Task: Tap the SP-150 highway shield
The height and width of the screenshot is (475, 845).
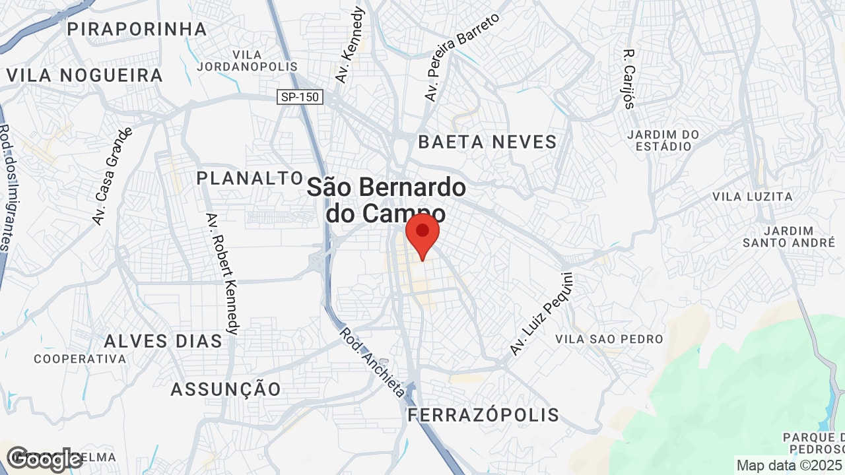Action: click(300, 97)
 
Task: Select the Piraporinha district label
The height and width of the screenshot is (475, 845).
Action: click(137, 29)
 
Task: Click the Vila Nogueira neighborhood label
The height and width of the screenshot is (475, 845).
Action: click(84, 75)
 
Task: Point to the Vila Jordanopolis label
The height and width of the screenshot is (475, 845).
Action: click(248, 60)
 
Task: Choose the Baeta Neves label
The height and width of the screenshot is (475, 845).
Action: click(488, 142)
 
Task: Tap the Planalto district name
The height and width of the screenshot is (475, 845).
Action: click(250, 178)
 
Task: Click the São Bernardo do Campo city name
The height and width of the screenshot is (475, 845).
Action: click(386, 200)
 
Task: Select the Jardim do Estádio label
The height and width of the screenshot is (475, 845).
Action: click(663, 140)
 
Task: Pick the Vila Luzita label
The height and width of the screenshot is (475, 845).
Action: click(753, 197)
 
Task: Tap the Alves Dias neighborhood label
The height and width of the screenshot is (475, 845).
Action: click(163, 341)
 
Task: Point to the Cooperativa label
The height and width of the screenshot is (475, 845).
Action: click(80, 359)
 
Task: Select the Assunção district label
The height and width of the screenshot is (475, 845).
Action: click(226, 389)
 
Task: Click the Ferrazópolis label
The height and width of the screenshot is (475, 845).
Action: click(483, 415)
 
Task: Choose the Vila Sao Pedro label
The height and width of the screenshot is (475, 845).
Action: click(609, 339)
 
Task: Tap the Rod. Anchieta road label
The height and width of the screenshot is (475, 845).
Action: click(372, 363)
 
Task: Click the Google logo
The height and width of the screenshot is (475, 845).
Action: click(44, 459)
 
